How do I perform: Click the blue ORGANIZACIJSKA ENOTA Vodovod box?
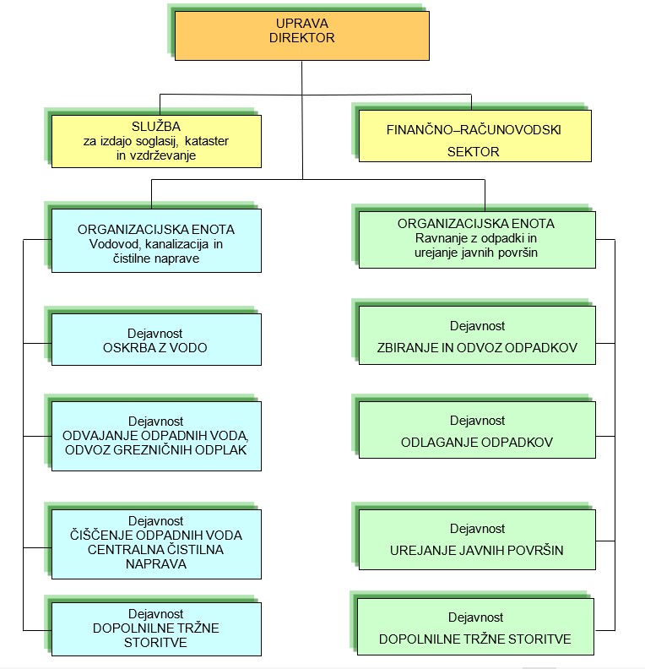(156, 242)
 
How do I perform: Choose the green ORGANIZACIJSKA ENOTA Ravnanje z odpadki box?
(477, 238)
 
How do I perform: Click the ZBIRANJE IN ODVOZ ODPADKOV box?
(477, 335)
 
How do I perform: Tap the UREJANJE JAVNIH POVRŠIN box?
(477, 540)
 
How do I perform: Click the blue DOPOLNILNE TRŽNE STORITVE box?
(156, 628)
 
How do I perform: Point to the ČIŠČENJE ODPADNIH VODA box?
(156, 543)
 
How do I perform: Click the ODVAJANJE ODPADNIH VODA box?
(156, 435)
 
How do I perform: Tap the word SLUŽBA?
(156, 125)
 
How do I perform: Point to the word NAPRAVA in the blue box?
(156, 565)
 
